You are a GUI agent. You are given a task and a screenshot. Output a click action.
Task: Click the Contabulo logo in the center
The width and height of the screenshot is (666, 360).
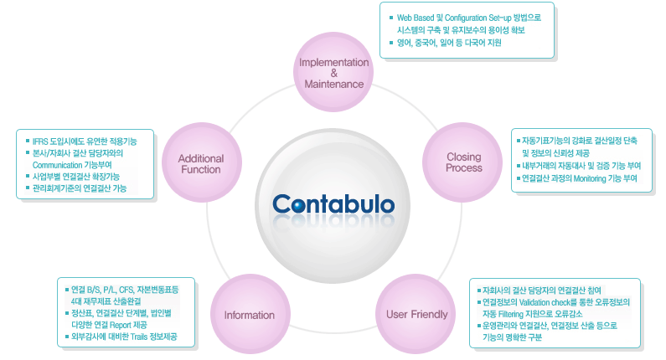[x=333, y=203]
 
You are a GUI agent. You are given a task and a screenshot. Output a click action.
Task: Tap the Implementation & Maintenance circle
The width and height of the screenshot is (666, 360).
[x=334, y=73]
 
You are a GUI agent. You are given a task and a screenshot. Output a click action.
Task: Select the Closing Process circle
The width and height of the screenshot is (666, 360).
[x=463, y=162]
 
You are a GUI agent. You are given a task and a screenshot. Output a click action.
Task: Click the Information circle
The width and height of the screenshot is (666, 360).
[x=249, y=315]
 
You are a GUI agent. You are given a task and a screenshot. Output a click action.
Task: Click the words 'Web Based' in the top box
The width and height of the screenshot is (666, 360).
[x=416, y=17]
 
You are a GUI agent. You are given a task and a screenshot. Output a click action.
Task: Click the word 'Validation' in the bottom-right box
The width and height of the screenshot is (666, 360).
[x=532, y=301]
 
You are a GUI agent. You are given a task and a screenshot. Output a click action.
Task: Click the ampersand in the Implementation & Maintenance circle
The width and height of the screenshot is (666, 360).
[x=333, y=73]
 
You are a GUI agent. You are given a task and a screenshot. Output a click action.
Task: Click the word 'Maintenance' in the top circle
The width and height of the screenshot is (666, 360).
[x=334, y=85]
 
